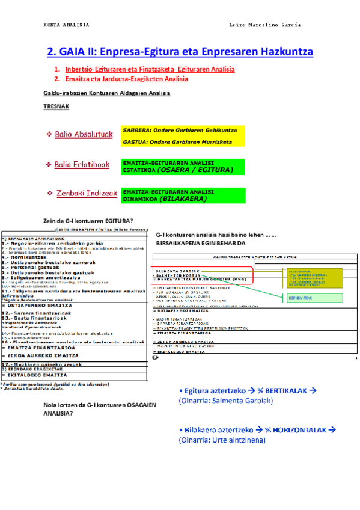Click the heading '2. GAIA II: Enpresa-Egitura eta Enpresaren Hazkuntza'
pos(180,52)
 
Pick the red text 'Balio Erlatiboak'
pos(82,164)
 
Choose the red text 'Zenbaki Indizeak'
pos(87,193)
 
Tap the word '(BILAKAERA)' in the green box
pos(180,198)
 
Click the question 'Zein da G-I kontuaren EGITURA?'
pos(88,220)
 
